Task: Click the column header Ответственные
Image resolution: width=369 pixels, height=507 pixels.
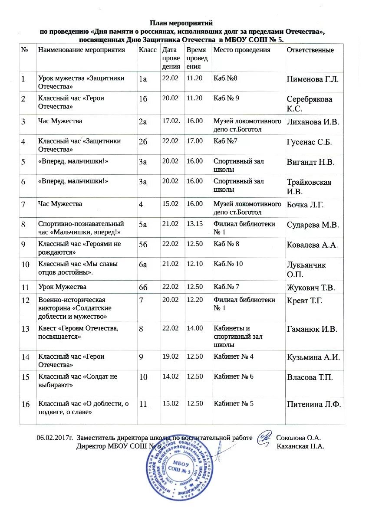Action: (x=310, y=50)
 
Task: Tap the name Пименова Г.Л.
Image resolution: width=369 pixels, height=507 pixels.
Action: (x=313, y=79)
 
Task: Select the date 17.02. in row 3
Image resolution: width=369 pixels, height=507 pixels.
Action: (x=171, y=121)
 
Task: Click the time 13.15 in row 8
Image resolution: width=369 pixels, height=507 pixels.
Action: (x=194, y=224)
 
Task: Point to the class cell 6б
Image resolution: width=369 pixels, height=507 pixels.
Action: (x=143, y=287)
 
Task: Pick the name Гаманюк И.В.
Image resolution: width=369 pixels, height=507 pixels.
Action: (x=312, y=329)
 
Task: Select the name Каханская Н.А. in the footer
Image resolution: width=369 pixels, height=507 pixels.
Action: (x=300, y=446)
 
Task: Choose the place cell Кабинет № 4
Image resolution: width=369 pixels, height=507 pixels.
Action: (x=233, y=357)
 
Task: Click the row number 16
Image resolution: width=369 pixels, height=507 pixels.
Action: (x=26, y=404)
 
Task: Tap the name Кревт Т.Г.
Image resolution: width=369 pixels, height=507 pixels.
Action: (x=305, y=301)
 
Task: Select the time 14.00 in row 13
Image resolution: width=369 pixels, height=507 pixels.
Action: (x=194, y=328)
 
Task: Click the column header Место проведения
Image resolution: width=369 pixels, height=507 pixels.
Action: (x=242, y=50)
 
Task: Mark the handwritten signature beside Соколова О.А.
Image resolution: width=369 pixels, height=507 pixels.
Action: (x=264, y=435)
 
